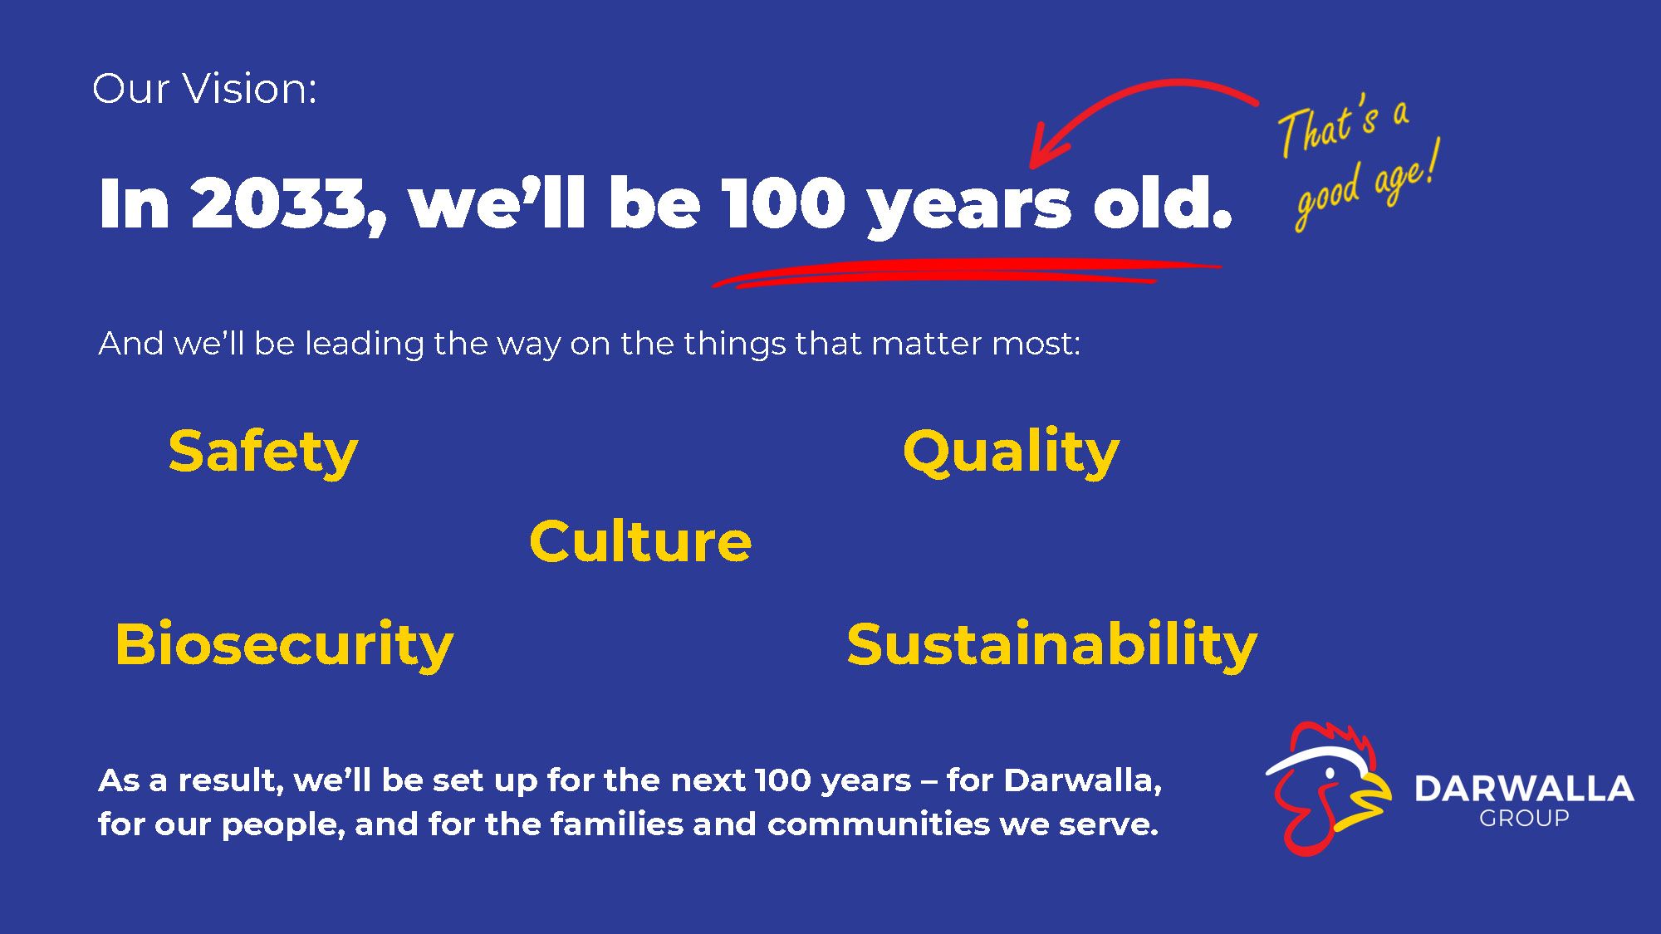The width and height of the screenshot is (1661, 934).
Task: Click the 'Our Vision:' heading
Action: pos(204,88)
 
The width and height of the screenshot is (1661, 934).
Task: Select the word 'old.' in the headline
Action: pos(1161,202)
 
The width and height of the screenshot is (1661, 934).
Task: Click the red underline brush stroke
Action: pos(968,273)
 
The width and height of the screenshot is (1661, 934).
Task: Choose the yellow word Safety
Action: pos(263,453)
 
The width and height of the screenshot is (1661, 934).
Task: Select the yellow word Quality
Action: pos(1011,453)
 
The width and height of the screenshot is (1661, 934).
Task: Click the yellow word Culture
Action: pos(640,541)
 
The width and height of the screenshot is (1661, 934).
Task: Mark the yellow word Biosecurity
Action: pos(284,645)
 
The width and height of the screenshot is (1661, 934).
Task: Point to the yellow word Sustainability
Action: pos(1052,645)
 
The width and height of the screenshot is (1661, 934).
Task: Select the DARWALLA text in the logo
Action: pos(1524,789)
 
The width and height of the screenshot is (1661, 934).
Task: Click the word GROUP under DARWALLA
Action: pos(1524,819)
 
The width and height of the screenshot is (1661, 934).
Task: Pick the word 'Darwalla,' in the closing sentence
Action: pos(1082,781)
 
